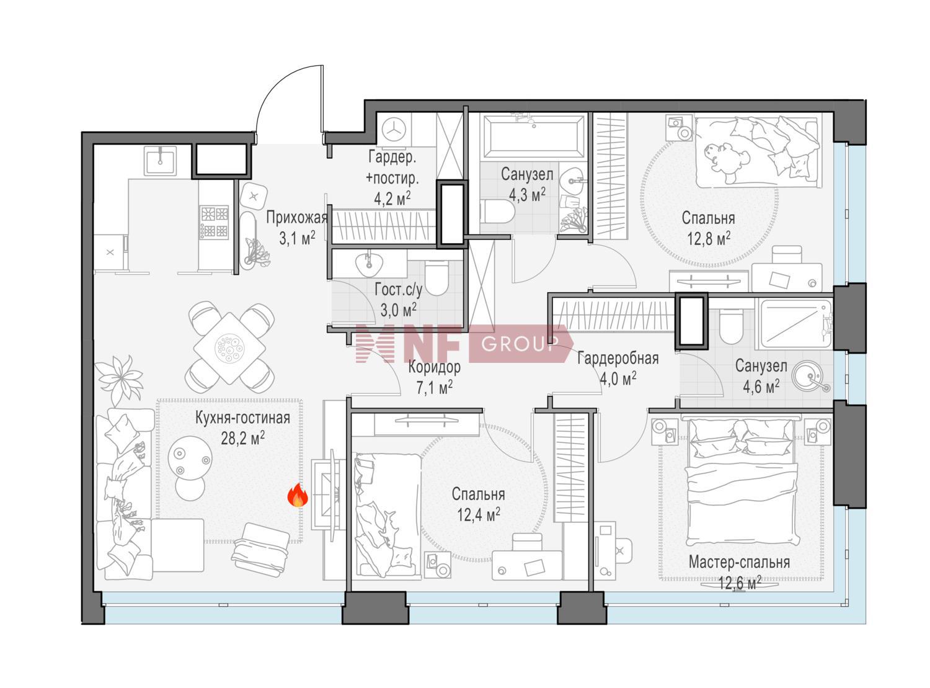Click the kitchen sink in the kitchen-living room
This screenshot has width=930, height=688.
[x=160, y=160]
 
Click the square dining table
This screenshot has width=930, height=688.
[x=229, y=348]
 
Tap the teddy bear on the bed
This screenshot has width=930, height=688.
[x=726, y=162]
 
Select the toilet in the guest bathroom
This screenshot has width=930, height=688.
[x=436, y=277]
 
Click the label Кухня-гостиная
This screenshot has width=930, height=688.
[x=243, y=418]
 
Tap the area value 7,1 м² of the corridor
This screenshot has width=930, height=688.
[x=434, y=387]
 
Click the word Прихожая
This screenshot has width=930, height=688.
[x=296, y=218]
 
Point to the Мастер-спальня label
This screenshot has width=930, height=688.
[x=739, y=562]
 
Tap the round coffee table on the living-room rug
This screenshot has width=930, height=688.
[x=190, y=458]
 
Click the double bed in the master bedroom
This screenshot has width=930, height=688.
[x=742, y=484]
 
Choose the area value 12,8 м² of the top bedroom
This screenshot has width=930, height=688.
[x=708, y=239]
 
